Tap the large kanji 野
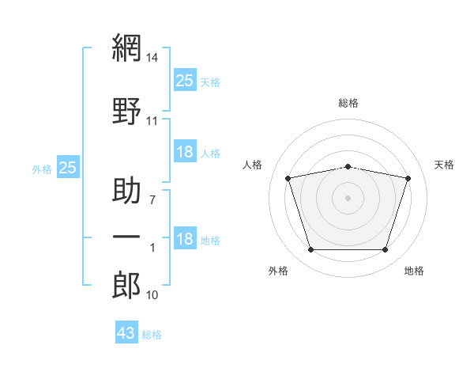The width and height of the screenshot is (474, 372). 126,111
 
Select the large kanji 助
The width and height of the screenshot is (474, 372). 126,192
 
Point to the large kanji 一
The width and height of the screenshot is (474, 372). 126,237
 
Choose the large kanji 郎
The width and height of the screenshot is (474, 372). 126,286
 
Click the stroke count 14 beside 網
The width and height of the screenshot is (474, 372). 152,58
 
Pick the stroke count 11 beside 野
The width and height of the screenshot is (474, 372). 152,121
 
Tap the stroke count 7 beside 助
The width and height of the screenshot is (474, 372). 152,200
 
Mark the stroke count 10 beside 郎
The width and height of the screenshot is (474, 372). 152,295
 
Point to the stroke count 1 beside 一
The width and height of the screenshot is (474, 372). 152,248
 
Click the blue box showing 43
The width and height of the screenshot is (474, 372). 126,333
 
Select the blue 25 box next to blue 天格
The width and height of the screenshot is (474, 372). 185,80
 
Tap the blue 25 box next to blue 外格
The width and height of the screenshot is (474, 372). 67,167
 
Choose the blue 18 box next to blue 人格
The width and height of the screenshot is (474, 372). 185,152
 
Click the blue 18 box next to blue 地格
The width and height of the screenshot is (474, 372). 185,239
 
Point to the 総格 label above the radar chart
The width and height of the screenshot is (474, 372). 348,103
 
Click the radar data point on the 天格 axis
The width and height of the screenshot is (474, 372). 408,178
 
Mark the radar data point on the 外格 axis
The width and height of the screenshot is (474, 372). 310,250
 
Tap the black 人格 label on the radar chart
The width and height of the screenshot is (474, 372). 253,165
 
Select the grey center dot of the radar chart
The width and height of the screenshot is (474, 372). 348,197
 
